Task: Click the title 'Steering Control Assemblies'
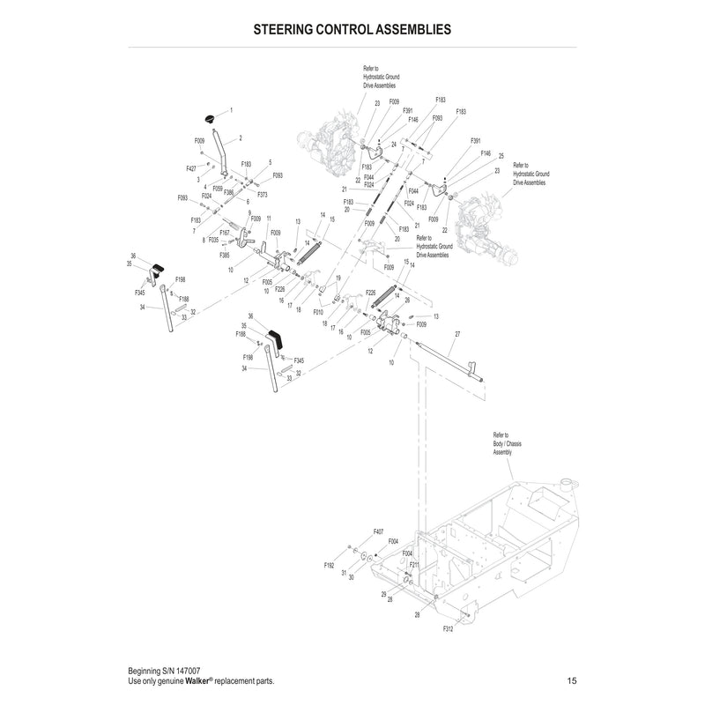pos(352,28)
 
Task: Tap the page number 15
pos(572,681)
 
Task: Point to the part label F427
pos(191,168)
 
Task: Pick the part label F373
pos(263,195)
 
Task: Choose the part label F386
pos(227,192)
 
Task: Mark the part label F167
pos(225,234)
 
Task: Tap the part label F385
pos(225,255)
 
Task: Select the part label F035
pos(213,239)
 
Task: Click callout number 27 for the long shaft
pos(457,335)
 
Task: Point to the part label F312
pos(448,628)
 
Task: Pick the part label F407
pos(378,531)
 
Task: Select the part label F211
pos(414,563)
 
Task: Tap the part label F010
pos(318,311)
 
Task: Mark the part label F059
pos(218,188)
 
